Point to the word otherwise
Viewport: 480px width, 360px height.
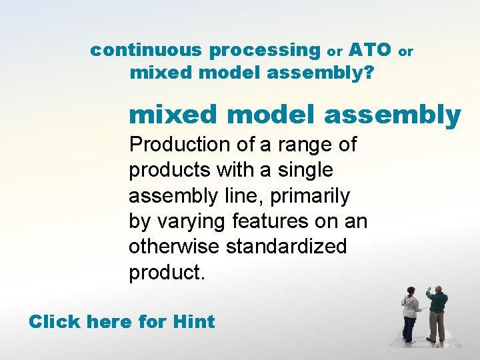(x=175, y=246)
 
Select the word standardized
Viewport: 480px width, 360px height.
(x=287, y=246)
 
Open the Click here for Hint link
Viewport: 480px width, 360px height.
(x=121, y=322)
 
